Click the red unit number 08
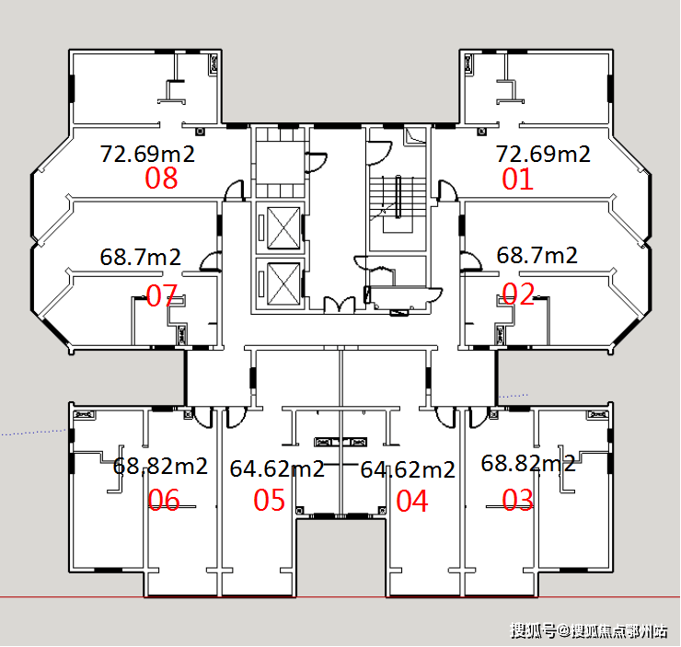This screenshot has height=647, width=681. click(x=161, y=178)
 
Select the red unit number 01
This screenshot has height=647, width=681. click(x=517, y=179)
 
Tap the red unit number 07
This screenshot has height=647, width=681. click(x=162, y=295)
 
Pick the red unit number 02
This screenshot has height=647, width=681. click(x=518, y=294)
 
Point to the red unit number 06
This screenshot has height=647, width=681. click(x=164, y=500)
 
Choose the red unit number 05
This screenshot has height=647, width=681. click(x=270, y=500)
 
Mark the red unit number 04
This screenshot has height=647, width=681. click(x=412, y=501)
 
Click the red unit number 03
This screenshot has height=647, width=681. click(x=518, y=500)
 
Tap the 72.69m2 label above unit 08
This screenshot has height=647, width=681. click(x=147, y=154)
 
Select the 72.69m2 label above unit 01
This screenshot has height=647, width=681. click(x=543, y=154)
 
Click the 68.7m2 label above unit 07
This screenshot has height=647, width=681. click(x=140, y=257)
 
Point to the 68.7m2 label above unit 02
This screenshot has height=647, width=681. click(x=537, y=255)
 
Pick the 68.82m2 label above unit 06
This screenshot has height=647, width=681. click(x=160, y=467)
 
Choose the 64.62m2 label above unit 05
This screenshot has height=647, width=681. click(x=277, y=469)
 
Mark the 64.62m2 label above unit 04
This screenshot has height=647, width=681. click(x=408, y=470)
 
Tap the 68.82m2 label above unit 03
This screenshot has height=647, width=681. click(x=528, y=464)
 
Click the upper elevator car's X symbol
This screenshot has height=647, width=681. click(x=283, y=228)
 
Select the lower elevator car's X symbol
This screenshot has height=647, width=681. click(x=283, y=283)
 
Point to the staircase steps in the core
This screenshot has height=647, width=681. click(x=398, y=196)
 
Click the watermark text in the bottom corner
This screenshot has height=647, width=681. click(x=588, y=630)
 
